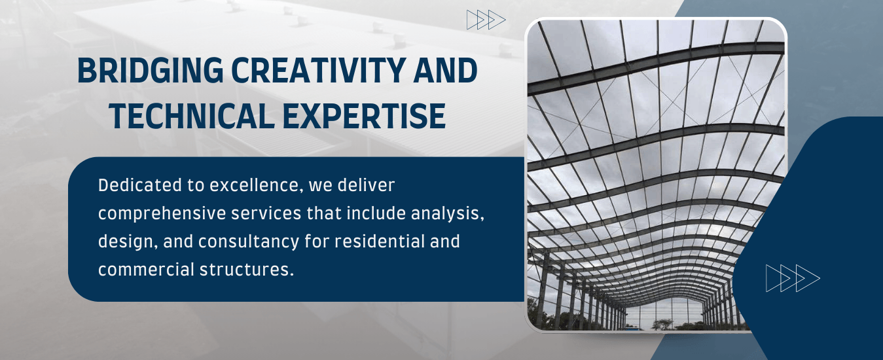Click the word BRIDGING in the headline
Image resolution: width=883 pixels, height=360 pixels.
(x=151, y=70)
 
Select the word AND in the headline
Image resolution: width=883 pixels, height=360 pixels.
(x=446, y=70)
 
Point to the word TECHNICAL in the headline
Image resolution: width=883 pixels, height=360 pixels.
(x=192, y=116)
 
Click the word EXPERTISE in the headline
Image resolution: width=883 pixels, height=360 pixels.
(x=364, y=116)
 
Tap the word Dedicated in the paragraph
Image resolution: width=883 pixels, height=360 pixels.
(x=140, y=185)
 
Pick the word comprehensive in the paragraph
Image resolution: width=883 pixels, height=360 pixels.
(x=162, y=214)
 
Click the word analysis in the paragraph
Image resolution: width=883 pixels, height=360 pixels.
(x=448, y=214)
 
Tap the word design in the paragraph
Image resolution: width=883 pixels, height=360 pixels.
(x=128, y=242)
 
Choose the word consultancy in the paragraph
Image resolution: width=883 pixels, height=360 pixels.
(x=249, y=242)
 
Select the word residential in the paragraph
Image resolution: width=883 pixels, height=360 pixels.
(x=379, y=241)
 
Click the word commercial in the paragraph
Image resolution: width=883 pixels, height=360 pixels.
(x=146, y=270)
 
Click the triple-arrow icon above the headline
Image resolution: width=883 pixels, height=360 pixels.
(x=486, y=20)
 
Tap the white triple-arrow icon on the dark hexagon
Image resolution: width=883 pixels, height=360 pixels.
(x=793, y=278)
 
